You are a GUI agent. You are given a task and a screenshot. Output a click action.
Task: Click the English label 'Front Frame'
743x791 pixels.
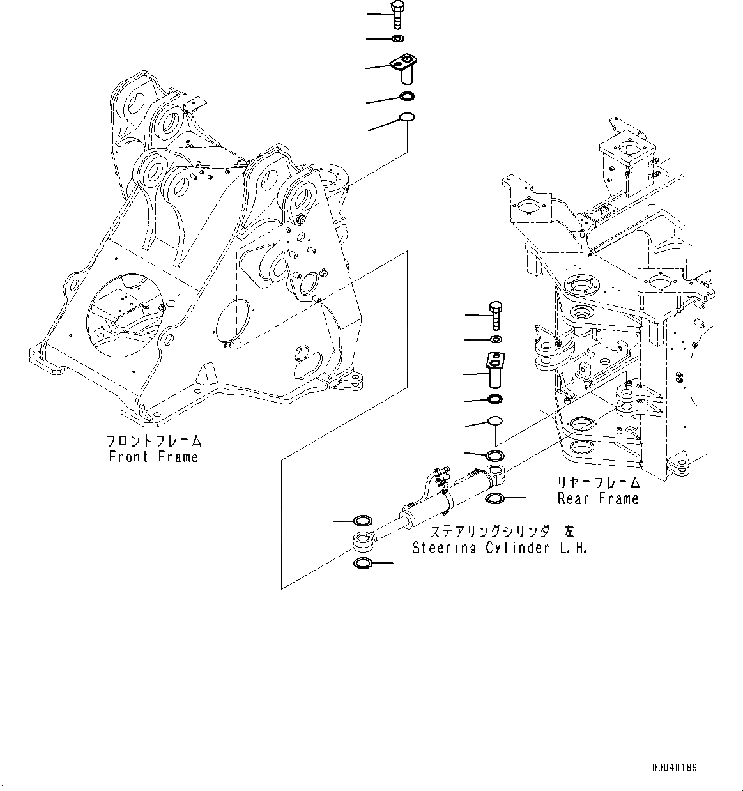point(153,457)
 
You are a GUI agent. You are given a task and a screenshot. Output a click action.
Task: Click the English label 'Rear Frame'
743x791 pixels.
point(598,499)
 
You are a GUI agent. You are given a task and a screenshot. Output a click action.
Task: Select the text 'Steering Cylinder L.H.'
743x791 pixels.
point(499,548)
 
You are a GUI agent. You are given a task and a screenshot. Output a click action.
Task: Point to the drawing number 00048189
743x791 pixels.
point(675,767)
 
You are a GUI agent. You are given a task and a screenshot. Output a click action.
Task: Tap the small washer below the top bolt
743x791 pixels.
point(397,40)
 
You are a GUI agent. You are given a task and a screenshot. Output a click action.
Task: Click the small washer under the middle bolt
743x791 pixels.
point(495,339)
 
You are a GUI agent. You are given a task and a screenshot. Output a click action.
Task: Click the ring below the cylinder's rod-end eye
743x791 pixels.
point(362,563)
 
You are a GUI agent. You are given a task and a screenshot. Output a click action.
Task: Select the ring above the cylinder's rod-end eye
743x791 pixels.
point(362,521)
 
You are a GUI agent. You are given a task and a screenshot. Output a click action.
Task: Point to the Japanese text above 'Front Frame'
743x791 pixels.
point(153,441)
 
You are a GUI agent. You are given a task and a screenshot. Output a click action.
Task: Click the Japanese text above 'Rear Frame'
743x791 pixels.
point(598,483)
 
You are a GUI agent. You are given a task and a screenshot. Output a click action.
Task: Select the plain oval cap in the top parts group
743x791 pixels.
point(406,117)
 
